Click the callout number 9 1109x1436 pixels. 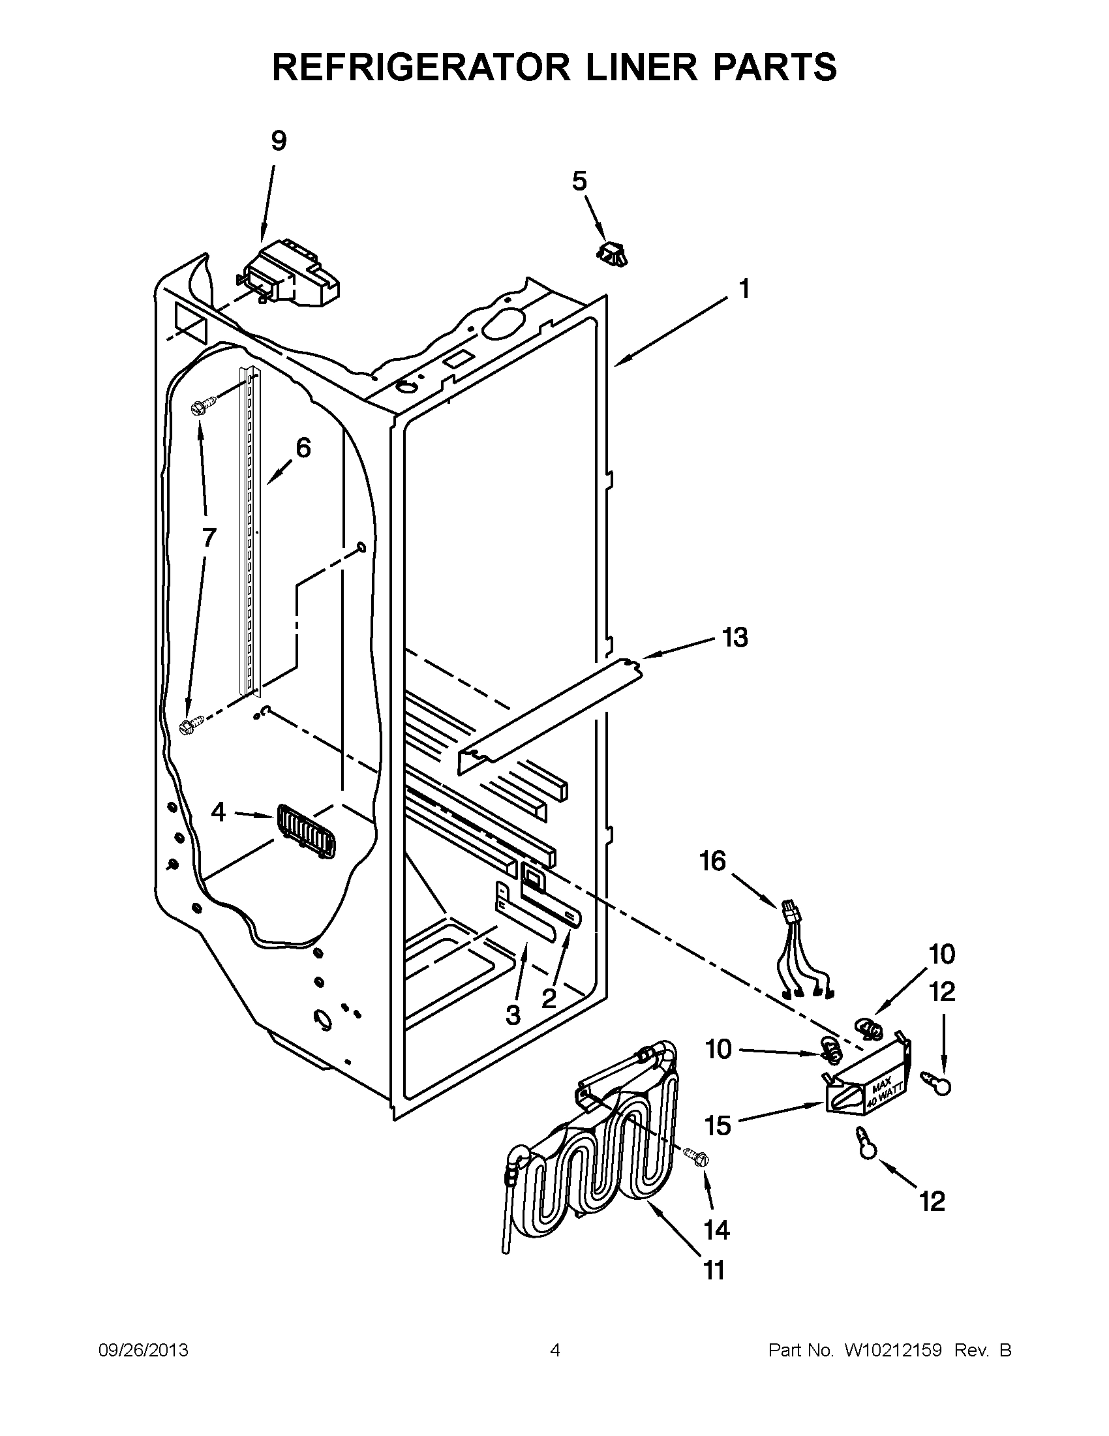point(279,142)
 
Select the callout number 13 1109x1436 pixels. point(735,637)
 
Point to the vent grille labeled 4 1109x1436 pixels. point(307,832)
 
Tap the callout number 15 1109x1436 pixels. point(718,1125)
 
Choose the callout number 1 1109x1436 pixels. point(744,288)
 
